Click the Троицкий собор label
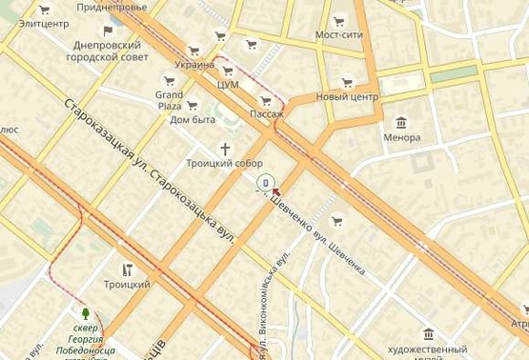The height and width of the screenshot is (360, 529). (224, 163)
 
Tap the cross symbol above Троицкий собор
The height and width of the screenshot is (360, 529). (226, 149)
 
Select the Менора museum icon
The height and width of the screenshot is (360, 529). (401, 122)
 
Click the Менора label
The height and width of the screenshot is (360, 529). (401, 137)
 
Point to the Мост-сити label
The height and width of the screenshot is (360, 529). (339, 35)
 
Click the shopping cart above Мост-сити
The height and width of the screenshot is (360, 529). (339, 20)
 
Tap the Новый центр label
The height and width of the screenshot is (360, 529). (347, 97)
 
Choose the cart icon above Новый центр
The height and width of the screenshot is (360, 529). (346, 83)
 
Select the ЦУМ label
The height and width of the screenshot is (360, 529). (228, 84)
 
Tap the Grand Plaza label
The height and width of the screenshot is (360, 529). (169, 100)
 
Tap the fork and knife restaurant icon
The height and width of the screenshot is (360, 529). (127, 270)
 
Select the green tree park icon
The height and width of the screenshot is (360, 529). (86, 312)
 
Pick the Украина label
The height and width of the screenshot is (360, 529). (194, 65)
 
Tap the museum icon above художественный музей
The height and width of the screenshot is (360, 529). (427, 333)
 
